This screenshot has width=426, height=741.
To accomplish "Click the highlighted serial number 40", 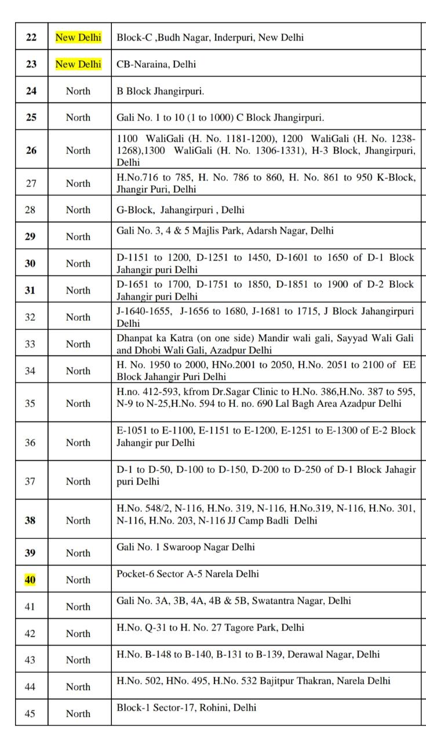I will pos(30,579).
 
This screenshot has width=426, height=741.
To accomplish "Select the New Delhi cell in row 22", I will pos(78,38).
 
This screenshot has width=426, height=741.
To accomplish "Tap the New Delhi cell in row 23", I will pos(78,64).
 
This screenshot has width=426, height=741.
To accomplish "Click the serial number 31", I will pos(30,290).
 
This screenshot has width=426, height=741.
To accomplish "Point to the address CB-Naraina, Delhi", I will pos(156,64).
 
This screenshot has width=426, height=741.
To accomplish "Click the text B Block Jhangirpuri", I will pos(161,91).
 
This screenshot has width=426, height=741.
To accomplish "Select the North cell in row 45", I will pos(78,713).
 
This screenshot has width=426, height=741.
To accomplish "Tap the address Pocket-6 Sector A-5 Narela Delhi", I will pos(188,574).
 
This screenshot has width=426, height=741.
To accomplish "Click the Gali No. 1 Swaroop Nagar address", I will pos(185,547).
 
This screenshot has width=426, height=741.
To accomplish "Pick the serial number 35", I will pos(30,403).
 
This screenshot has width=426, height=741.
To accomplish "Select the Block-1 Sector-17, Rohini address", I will pos(187,707).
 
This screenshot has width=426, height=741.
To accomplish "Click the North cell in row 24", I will pos(78,91).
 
